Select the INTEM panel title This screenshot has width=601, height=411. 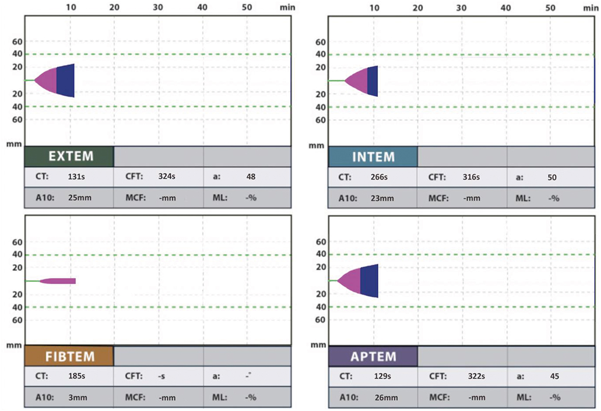373,157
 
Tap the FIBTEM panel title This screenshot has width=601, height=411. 70,356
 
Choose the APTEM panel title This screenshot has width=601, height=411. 373,356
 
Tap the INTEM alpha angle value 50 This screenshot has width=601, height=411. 552,178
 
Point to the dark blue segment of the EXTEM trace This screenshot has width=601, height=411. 66,81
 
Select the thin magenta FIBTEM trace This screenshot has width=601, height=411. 59,281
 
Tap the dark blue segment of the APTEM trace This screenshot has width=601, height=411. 369,280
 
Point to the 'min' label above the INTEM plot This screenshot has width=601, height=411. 591,8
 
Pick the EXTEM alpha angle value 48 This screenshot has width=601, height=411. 250,177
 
